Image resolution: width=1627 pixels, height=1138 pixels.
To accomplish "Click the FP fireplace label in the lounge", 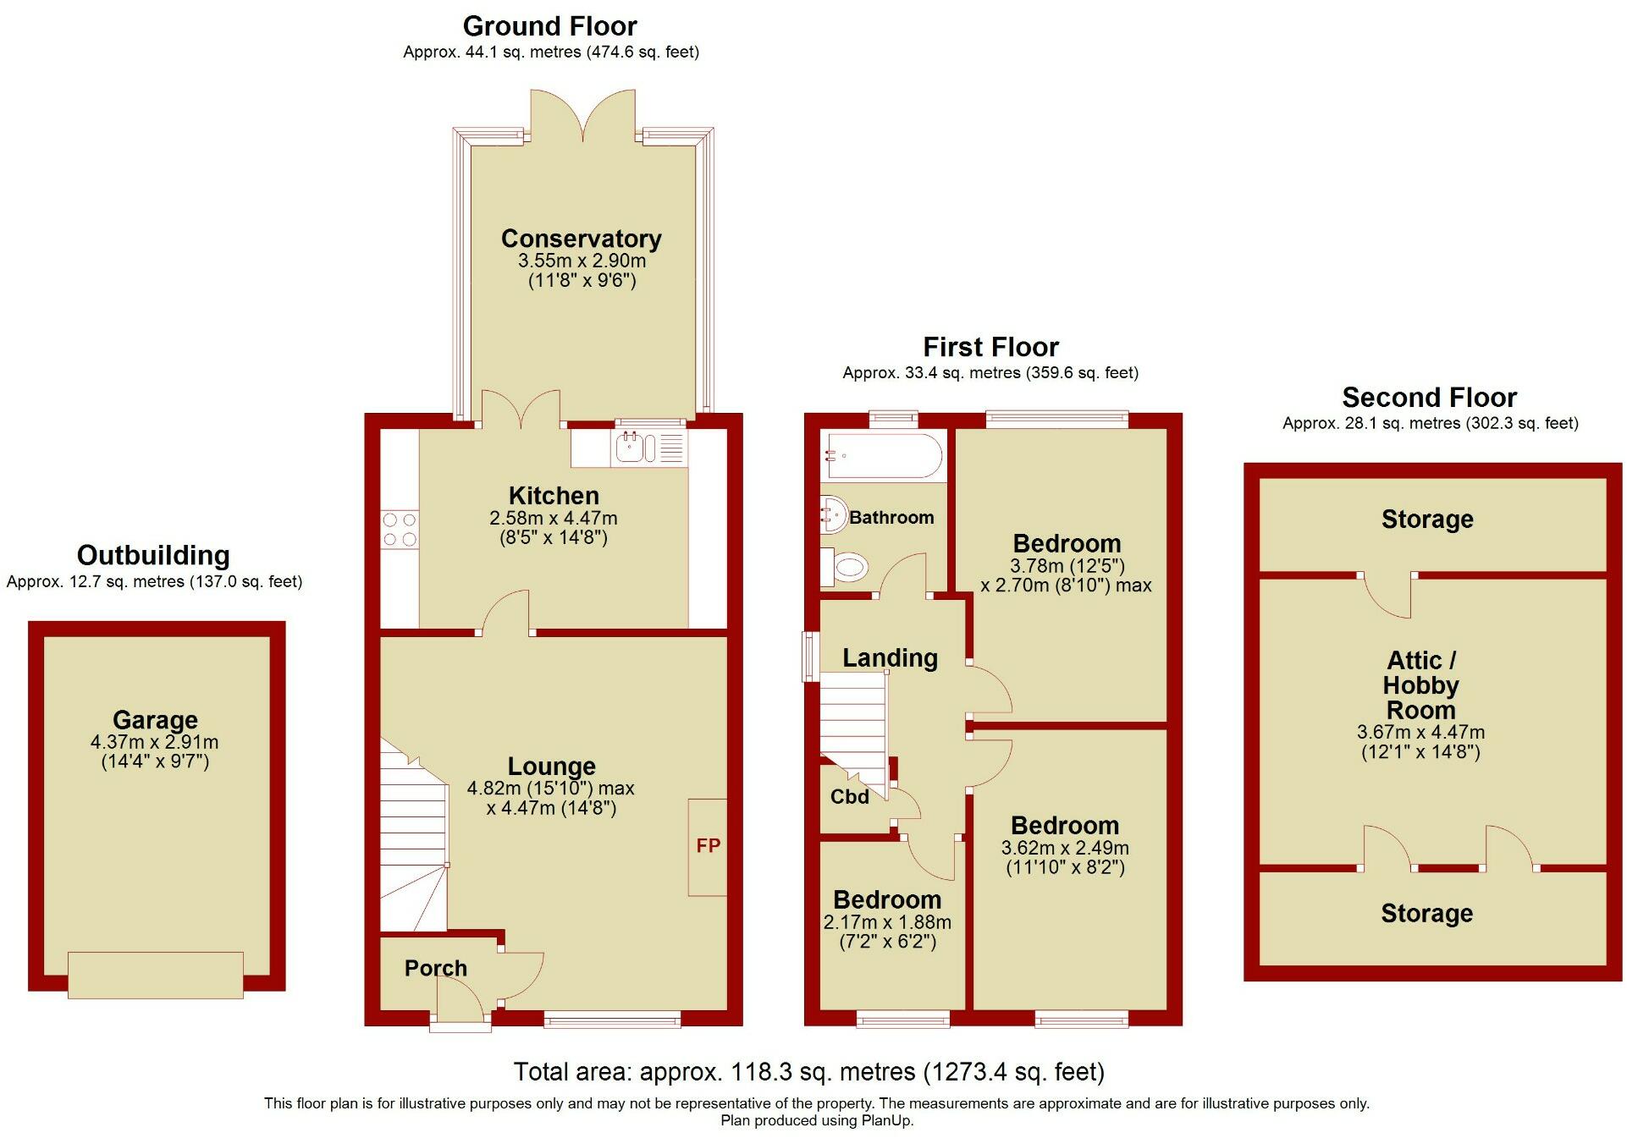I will click(708, 845).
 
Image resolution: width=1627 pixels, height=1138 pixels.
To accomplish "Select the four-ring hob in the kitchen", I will click(400, 529).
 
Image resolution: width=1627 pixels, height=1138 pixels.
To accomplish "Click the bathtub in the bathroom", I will click(881, 457).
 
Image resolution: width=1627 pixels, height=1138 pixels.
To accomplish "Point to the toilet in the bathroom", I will click(847, 567).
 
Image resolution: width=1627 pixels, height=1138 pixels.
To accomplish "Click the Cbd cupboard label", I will click(849, 797).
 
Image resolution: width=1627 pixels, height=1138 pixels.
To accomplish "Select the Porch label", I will click(435, 968).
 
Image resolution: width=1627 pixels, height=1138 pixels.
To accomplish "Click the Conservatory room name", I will click(581, 239).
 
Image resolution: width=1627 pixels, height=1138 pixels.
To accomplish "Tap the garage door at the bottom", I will click(156, 975).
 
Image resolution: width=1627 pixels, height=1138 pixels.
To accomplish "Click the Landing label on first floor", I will click(890, 658).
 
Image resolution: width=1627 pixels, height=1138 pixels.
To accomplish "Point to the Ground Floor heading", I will click(549, 26).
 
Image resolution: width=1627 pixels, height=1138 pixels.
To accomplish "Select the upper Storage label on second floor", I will click(1427, 520).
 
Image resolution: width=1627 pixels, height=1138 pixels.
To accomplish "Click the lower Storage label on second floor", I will click(1426, 914).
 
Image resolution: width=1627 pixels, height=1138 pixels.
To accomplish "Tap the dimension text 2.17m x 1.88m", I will click(887, 922).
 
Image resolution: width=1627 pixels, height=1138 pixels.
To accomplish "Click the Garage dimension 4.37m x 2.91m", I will click(154, 742).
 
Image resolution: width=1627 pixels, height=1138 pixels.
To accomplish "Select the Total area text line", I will click(808, 1072).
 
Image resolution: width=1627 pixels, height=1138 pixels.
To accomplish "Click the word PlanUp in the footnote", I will click(887, 1121).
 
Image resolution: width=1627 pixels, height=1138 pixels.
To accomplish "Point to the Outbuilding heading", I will click(153, 556).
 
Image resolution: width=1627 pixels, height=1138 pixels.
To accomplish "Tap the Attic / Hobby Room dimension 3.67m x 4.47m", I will click(1420, 733).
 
